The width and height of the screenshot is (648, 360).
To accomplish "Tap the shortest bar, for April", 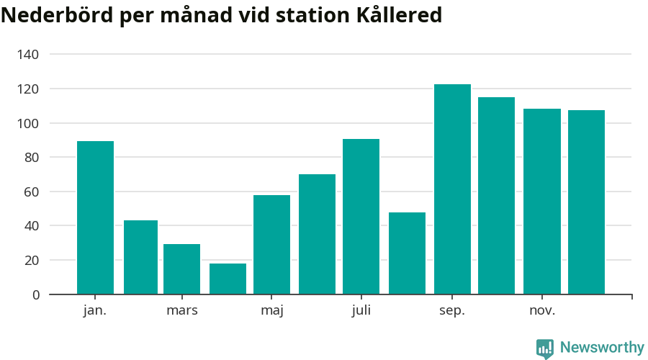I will point(228,279).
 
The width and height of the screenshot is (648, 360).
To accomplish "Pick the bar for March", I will point(181,269).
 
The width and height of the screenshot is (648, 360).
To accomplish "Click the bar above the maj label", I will point(271,245).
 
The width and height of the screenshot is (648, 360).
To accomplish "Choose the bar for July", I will point(361,217).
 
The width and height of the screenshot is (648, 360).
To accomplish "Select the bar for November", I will point(541,202).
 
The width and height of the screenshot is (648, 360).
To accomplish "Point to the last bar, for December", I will point(586,202).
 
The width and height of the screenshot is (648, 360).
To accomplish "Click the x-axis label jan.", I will point(95,311).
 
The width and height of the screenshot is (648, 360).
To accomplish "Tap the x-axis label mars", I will point(181,311).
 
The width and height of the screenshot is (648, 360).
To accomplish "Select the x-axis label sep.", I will point(452,311).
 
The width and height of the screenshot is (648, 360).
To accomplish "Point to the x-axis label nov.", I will point(541,311).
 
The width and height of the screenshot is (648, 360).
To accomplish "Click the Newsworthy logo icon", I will point(545,348).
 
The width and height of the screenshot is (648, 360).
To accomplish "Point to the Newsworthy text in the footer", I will point(602,348).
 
